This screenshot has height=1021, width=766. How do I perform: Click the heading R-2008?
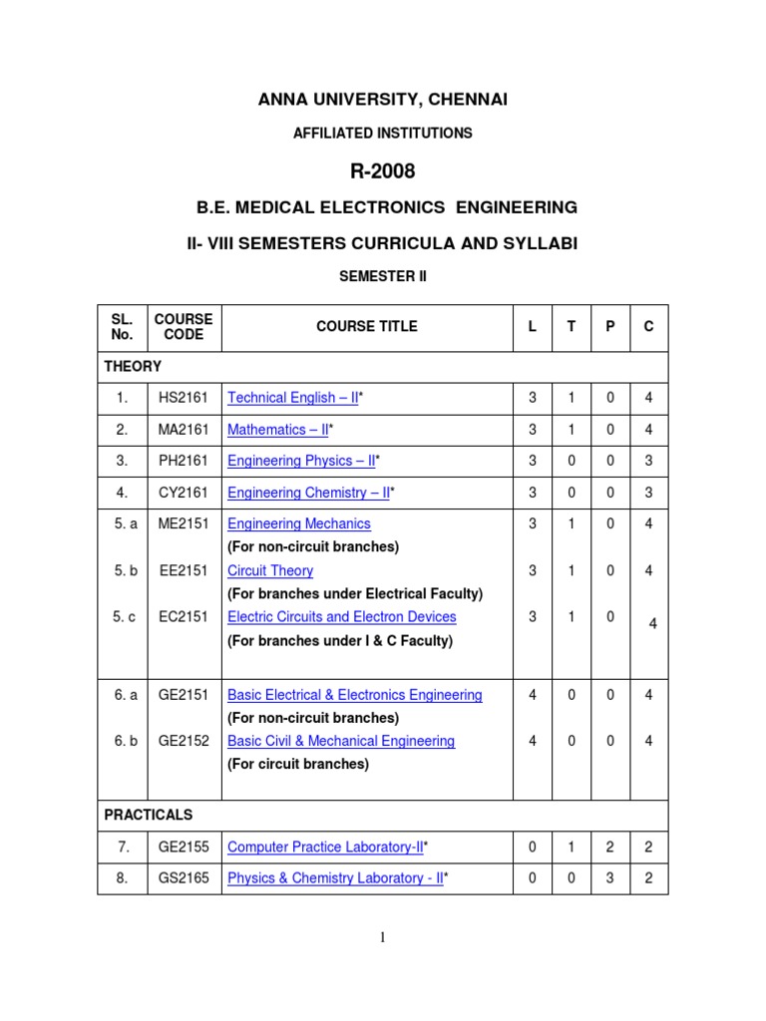tap(382, 171)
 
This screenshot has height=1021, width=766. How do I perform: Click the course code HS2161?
tap(184, 398)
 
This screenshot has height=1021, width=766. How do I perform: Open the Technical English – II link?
tap(292, 398)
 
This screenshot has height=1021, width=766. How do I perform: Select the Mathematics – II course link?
tap(278, 430)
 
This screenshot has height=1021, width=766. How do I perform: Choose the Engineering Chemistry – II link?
tap(308, 493)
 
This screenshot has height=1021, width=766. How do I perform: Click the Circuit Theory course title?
tap(270, 571)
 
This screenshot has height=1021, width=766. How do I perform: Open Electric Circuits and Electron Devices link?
tap(342, 617)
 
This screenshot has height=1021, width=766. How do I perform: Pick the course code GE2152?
tap(184, 741)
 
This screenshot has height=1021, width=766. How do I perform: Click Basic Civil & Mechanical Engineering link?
tap(341, 741)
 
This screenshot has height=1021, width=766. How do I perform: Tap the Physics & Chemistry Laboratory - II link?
tap(335, 878)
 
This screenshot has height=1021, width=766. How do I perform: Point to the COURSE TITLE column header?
tap(367, 327)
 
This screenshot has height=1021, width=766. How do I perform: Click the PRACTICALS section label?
tap(149, 815)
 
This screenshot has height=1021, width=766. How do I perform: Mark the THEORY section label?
tap(133, 366)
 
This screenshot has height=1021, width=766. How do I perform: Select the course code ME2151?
tap(184, 523)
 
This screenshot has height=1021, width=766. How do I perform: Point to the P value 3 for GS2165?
tap(610, 878)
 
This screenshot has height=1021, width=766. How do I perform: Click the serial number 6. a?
tap(125, 695)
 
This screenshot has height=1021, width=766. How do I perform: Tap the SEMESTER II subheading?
tap(383, 276)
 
